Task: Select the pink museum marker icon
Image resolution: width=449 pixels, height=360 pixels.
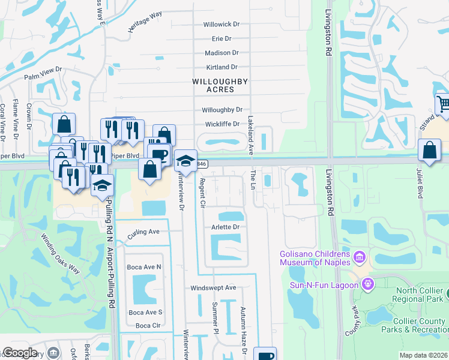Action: click(360, 258)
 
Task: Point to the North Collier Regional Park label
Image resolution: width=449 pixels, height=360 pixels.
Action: click(419, 295)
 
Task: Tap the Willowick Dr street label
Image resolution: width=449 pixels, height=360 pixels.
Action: click(221, 25)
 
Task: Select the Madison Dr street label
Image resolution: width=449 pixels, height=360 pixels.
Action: click(221, 53)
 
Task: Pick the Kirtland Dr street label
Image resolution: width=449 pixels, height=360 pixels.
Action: click(221, 67)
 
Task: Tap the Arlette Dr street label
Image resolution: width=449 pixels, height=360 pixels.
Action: click(226, 227)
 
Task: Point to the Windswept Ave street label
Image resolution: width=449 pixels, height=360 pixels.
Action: click(214, 288)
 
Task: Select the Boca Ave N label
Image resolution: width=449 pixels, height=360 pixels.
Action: click(144, 266)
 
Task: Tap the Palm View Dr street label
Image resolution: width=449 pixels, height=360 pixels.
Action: click(43, 74)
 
